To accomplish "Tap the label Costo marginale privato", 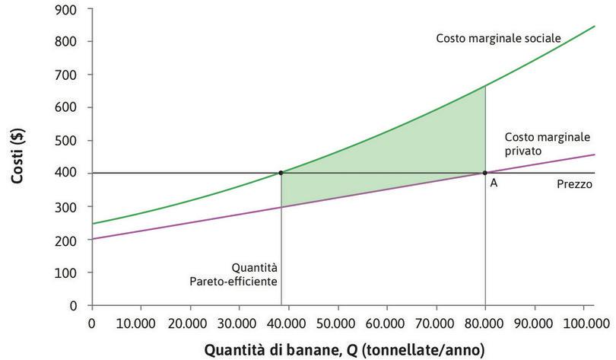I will pyautogui.click(x=536, y=144).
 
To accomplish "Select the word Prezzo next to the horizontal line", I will pyautogui.click(x=574, y=183).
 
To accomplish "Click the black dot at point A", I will pyautogui.click(x=485, y=173).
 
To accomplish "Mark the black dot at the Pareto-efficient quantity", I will pyautogui.click(x=281, y=173).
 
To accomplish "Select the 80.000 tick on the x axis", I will pyautogui.click(x=485, y=322).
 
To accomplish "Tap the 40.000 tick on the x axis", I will pyautogui.click(x=288, y=322).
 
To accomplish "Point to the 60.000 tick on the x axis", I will pyautogui.click(x=386, y=322).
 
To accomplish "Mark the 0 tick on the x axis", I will pyautogui.click(x=91, y=322).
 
